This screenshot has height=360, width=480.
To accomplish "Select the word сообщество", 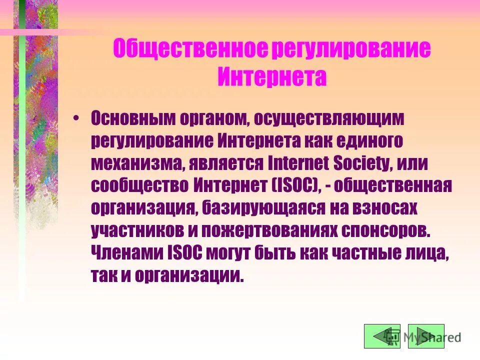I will point(138,185).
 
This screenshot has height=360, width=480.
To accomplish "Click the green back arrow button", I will point(382,336).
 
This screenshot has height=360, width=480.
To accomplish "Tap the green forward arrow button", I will point(426,336).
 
